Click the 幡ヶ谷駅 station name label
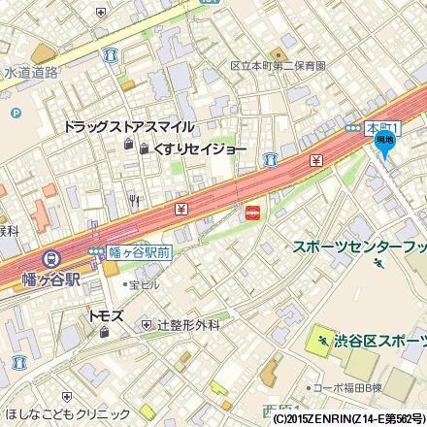click(48, 277)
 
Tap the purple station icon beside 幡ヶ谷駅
click(49, 259)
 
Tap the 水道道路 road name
click(32, 72)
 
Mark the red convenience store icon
click(252, 213)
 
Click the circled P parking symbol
click(15, 113)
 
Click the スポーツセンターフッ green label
click(360, 246)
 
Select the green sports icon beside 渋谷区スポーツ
click(321, 341)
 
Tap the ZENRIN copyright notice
click(346, 419)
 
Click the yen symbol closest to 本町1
click(316, 159)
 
